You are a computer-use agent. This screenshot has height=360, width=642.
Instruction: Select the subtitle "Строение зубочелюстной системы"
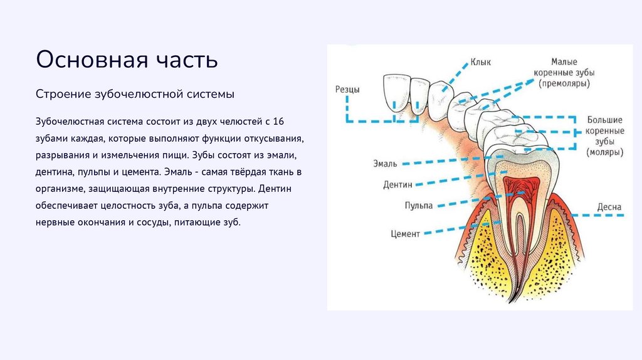click(x=135, y=94)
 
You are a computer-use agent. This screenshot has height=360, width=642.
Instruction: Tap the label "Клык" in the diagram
click(x=481, y=62)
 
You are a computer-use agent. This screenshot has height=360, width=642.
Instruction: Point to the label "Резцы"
click(x=347, y=90)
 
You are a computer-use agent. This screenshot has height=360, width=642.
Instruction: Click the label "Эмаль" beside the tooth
click(x=384, y=164)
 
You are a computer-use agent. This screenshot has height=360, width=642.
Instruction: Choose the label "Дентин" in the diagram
click(x=397, y=185)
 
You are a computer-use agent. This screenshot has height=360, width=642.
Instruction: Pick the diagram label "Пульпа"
click(x=418, y=206)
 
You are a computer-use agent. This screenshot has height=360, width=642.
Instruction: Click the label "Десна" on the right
click(x=609, y=206)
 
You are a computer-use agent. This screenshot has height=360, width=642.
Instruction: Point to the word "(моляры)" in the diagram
click(x=605, y=152)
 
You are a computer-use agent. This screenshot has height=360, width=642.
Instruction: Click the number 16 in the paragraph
click(x=280, y=120)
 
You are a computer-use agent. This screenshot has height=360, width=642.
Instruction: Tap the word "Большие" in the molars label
click(x=604, y=120)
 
